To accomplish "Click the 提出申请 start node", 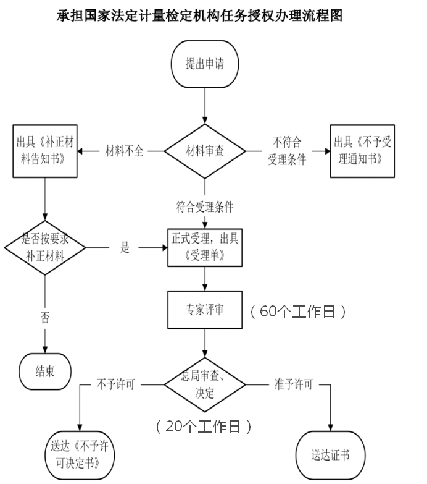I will pyautogui.click(x=204, y=64).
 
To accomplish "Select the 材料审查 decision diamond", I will pyautogui.click(x=204, y=151).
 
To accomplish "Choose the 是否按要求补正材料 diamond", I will pyautogui.click(x=46, y=248).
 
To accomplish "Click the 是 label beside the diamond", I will pyautogui.click(x=125, y=248).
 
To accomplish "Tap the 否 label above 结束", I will pyautogui.click(x=45, y=319).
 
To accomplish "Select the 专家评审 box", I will pyautogui.click(x=204, y=310).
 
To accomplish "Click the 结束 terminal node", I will pyautogui.click(x=45, y=371).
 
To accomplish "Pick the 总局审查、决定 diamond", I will pyautogui.click(x=204, y=384).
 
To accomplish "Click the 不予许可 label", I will pyautogui.click(x=115, y=384).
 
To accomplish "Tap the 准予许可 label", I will pyautogui.click(x=294, y=384).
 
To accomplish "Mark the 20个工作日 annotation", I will pyautogui.click(x=204, y=427).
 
